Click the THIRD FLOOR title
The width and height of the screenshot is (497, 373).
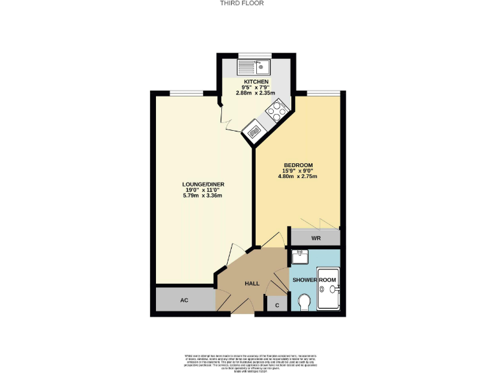(x=248, y=3)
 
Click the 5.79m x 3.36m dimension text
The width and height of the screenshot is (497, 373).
(x=203, y=196)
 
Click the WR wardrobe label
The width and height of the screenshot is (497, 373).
(x=316, y=238)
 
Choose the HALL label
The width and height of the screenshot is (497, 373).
(x=252, y=284)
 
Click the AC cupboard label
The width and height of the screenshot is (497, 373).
(x=184, y=300)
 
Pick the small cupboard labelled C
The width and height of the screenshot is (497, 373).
(x=278, y=305)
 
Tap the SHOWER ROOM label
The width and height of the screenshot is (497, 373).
(x=313, y=280)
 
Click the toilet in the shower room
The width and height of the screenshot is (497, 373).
(x=305, y=302)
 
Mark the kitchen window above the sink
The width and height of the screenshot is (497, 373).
(x=254, y=55)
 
